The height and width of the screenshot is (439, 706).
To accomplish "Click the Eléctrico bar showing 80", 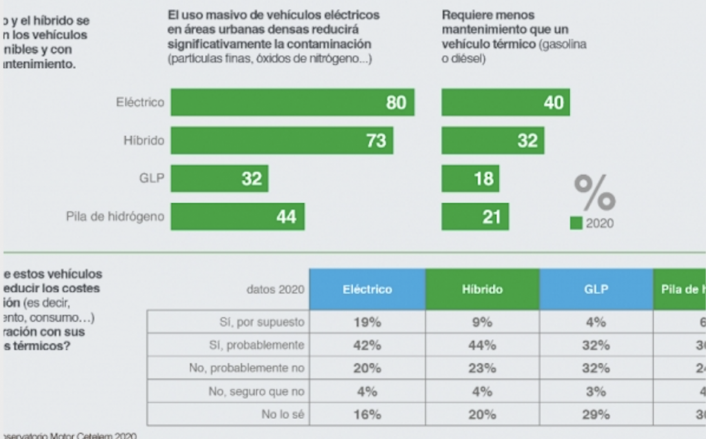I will pyautogui.click(x=292, y=103).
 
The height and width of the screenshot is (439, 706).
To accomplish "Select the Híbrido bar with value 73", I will pyautogui.click(x=282, y=141).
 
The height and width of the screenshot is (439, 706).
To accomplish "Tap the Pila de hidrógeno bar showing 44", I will pyautogui.click(x=237, y=216).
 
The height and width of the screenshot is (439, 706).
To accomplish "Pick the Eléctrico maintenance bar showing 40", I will pyautogui.click(x=505, y=103).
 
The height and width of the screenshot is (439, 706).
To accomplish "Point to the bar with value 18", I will pyautogui.click(x=470, y=178).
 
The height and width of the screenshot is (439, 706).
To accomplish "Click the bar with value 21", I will pyautogui.click(x=475, y=216).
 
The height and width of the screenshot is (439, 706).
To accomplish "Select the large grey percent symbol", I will pyautogui.click(x=594, y=193).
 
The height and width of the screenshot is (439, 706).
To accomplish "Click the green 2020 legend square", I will pyautogui.click(x=576, y=223).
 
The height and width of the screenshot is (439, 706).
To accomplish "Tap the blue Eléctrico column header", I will pyautogui.click(x=367, y=289).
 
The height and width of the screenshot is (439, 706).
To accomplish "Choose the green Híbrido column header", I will pyautogui.click(x=482, y=289).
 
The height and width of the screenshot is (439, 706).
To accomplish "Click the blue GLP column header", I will pyautogui.click(x=596, y=289).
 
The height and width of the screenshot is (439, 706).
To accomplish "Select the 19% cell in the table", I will pyautogui.click(x=367, y=321).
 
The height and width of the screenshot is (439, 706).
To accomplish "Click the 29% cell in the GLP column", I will pyautogui.click(x=596, y=414).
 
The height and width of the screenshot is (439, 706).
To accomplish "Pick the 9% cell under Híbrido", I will pyautogui.click(x=482, y=321).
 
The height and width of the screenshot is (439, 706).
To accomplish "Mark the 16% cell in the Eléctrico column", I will pyautogui.click(x=367, y=414).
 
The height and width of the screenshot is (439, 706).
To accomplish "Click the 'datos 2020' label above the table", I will pyautogui.click(x=274, y=289).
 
